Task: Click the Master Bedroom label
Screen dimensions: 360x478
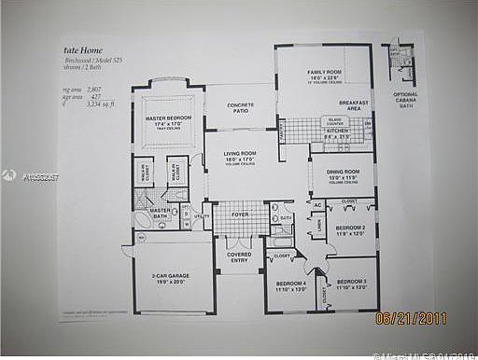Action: pos(168,118)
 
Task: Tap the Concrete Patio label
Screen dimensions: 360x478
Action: pos(241,108)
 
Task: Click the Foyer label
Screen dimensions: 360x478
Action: pos(240,214)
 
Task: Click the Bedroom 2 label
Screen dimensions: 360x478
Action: pos(350,227)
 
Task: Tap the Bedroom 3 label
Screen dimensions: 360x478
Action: pos(351,282)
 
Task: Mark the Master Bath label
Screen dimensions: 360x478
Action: pos(161,213)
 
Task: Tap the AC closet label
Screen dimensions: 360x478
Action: pos(317,204)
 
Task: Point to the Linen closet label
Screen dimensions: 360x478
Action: pos(319,226)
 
